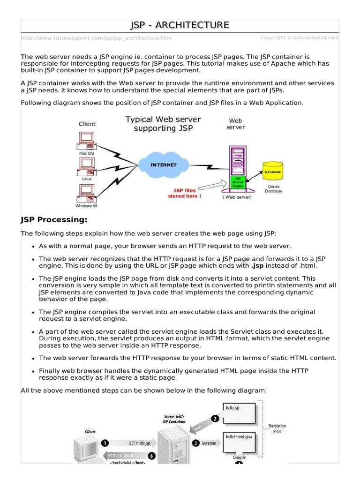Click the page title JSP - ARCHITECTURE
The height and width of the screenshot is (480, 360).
coord(180,25)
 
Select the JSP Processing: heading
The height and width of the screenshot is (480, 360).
coord(54,220)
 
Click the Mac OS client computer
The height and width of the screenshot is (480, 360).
coord(86,138)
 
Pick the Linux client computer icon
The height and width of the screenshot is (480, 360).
coord(86,165)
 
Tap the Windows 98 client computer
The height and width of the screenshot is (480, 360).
coord(86,192)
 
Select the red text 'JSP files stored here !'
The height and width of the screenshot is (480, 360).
coord(184,193)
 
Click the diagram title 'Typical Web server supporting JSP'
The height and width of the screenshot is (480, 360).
coord(163,124)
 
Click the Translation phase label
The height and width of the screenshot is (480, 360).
coord(277,428)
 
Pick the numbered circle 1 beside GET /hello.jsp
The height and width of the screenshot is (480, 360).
coord(105,442)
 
